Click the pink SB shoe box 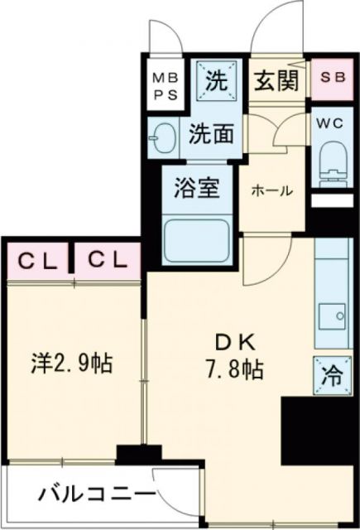[x=334, y=79]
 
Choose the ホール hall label [x=272, y=190]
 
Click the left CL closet [x=38, y=261]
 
